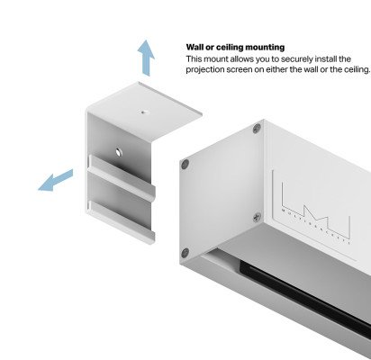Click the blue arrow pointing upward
click(x=146, y=58)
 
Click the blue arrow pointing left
click(x=55, y=181)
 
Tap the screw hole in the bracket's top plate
click(x=145, y=112)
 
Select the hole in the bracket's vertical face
click(x=119, y=152)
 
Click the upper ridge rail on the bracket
click(x=122, y=178)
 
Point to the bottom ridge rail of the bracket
click(x=122, y=221)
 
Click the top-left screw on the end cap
click(x=185, y=164)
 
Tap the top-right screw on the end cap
click(x=257, y=129)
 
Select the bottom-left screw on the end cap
click(x=185, y=253)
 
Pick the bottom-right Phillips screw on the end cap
click(x=257, y=217)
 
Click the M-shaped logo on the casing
click(x=315, y=214)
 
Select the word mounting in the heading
click(x=265, y=48)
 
